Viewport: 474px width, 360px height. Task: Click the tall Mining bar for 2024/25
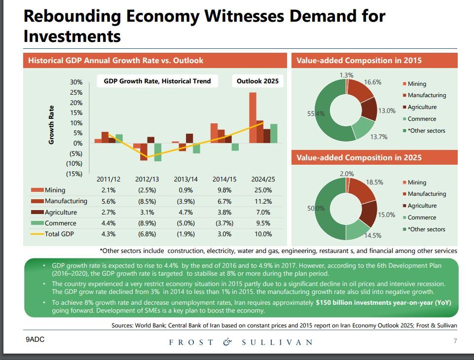(253, 118)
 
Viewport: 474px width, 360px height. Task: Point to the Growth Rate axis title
(51, 125)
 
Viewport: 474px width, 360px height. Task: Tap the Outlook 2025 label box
(257, 81)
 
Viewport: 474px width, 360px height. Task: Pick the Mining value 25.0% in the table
(262, 190)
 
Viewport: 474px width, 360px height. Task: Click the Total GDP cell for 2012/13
(146, 234)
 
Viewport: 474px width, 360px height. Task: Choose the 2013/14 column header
(185, 179)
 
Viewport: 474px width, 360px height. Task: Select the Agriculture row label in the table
(61, 212)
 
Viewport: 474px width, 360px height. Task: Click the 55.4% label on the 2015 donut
(316, 113)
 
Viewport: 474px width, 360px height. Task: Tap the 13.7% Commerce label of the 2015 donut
(379, 137)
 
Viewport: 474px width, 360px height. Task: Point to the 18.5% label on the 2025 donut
(374, 182)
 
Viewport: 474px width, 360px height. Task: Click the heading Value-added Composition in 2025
(359, 158)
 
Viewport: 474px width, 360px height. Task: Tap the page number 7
(455, 341)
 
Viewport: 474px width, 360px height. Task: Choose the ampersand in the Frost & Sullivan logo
(227, 342)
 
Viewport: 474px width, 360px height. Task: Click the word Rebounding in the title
(72, 16)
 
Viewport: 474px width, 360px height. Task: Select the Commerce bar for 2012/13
(158, 152)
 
